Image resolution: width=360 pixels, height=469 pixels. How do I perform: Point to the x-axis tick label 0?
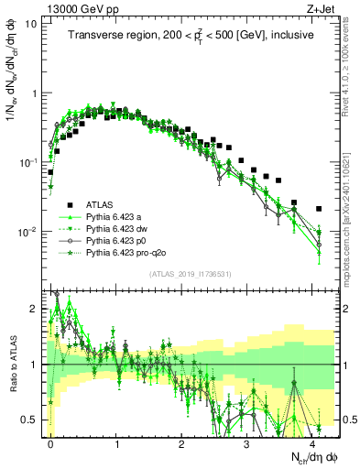coord(51,442)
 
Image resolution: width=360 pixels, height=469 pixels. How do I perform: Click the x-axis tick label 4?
coord(312,442)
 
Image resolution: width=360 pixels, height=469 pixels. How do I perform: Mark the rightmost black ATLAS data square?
coord(319,209)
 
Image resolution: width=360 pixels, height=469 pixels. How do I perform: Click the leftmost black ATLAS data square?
coord(50,171)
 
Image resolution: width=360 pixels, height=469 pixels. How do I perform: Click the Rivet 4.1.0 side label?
coord(350,64)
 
